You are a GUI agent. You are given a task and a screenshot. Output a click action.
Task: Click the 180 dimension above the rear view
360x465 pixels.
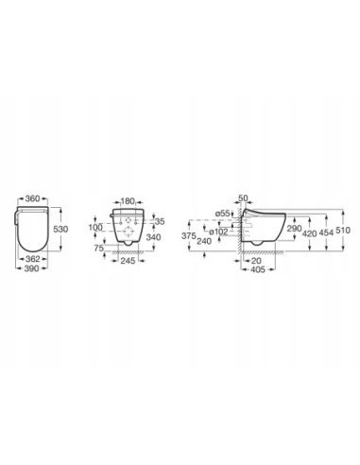point(130,200)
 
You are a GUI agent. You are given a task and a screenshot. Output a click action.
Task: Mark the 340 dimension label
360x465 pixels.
point(162,237)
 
